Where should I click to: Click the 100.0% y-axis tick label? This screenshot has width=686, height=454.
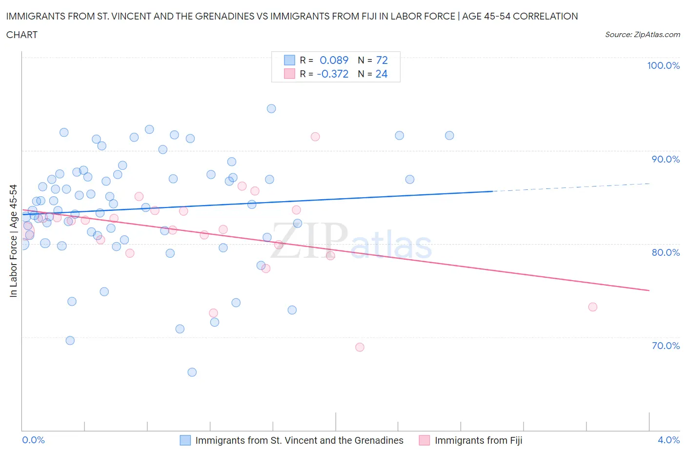663,66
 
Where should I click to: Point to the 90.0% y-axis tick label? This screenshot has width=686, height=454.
665,159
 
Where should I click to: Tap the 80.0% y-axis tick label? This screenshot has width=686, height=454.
665,252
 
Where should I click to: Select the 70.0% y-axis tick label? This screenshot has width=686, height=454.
665,346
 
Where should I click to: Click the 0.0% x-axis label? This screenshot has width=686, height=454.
33,440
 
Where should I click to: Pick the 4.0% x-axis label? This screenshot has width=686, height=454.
668,440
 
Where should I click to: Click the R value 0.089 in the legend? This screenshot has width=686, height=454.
334,61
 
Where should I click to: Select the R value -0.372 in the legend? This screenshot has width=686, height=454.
332,74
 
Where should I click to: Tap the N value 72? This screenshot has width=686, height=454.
382,61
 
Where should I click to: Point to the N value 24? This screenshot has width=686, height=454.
381,74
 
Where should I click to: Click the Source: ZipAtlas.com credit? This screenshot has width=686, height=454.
642,35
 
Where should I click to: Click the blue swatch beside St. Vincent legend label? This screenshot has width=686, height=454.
185,440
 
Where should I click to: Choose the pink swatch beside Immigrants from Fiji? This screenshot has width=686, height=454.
424,440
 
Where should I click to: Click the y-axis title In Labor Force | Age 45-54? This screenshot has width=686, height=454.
13,240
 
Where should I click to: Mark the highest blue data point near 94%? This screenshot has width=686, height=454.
271,108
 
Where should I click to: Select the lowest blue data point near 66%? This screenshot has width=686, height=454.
192,372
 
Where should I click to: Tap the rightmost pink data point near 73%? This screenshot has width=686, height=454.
593,307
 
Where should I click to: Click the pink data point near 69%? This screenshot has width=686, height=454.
360,347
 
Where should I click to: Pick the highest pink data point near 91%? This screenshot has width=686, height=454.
315,137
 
